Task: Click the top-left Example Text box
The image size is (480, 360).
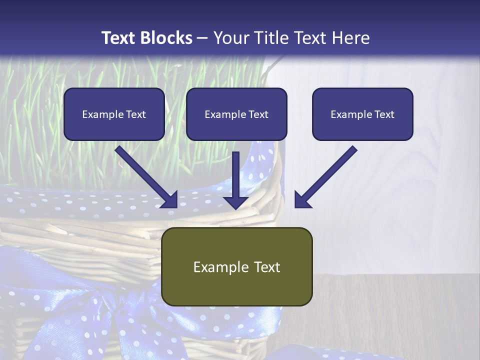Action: (x=114, y=114)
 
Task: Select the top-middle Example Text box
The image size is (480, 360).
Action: (x=236, y=114)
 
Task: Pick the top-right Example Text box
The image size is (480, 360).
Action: (x=362, y=114)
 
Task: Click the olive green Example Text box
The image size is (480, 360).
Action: (x=236, y=266)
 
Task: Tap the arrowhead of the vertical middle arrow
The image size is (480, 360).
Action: (x=235, y=202)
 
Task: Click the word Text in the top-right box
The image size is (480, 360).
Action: (x=384, y=114)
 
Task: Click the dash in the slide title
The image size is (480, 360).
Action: (x=202, y=38)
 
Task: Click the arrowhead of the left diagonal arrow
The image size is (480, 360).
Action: (x=170, y=200)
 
